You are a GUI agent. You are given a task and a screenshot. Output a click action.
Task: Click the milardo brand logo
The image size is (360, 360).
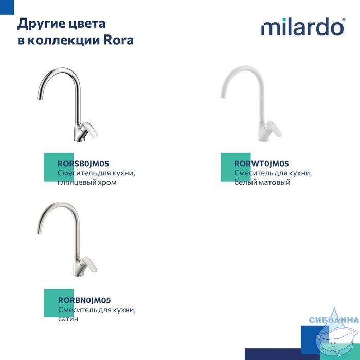pyautogui.click(x=303, y=27)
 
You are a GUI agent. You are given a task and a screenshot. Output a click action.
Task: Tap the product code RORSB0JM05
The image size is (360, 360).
pyautogui.click(x=83, y=164)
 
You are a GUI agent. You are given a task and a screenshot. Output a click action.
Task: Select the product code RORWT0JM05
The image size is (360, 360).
pyautogui.click(x=261, y=164)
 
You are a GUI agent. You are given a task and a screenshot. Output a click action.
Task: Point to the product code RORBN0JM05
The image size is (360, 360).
pyautogui.click(x=84, y=300)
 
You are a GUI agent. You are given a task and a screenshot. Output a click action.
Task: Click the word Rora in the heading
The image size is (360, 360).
pyautogui.click(x=118, y=40)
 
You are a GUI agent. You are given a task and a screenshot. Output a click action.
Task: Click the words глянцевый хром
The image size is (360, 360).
pyautogui.click(x=87, y=182)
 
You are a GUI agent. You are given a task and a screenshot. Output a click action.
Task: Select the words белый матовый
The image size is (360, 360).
pyautogui.click(x=262, y=182)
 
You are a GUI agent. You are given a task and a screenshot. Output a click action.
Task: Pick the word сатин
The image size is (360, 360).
pyautogui.click(x=68, y=319)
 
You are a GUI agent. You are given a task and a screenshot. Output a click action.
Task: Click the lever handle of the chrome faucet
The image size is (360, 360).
pyautogui.click(x=91, y=129)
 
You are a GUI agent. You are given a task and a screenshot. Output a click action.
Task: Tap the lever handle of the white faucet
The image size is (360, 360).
pyautogui.click(x=274, y=129)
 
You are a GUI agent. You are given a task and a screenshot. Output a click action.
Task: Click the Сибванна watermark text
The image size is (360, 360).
pyautogui.click(x=334, y=320)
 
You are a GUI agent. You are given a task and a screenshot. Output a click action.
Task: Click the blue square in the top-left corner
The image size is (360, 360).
pyautogui.click(x=7, y=7)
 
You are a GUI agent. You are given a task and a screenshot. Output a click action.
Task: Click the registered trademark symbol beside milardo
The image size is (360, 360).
pyautogui.click(x=344, y=20)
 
